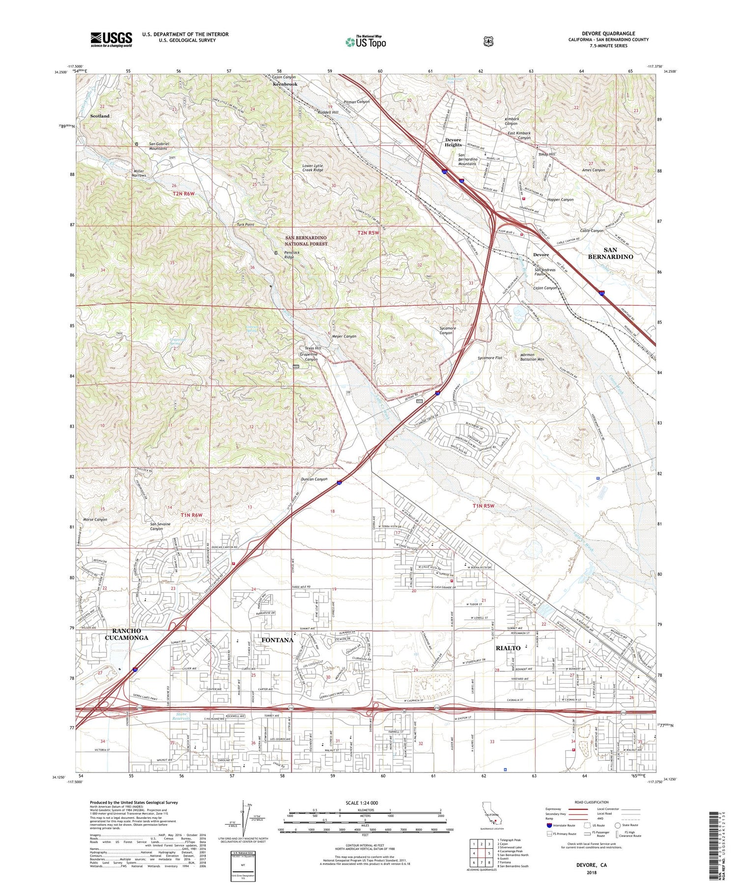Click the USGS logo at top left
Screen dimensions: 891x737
(111, 39)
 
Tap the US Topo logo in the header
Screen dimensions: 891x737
(366, 42)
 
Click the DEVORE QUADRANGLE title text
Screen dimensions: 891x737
(608, 33)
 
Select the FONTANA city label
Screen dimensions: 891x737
(277, 640)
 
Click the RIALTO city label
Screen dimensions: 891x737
(508, 648)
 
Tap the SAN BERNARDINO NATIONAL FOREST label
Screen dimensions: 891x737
(306, 241)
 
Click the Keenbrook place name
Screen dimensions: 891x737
(285, 84)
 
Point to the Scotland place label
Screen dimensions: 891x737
(100, 116)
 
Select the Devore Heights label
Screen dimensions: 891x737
(453, 143)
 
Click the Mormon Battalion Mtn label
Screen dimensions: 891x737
(532, 357)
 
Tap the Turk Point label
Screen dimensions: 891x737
(245, 225)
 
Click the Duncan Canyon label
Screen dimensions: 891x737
(314, 479)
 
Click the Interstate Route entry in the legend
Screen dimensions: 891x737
(564, 825)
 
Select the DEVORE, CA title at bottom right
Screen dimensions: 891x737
(592, 864)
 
